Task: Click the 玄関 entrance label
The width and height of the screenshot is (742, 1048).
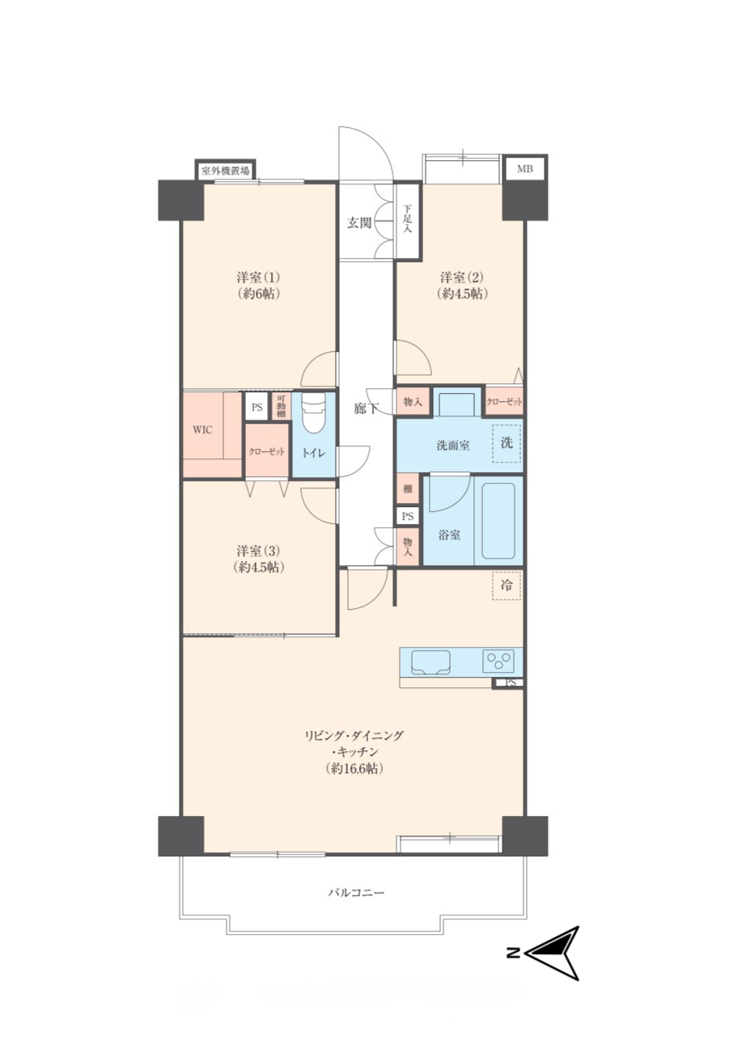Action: coord(358,223)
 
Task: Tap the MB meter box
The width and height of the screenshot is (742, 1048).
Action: coord(524,169)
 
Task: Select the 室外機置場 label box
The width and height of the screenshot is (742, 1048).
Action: coord(225,170)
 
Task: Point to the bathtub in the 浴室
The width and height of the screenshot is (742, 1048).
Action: coord(498,522)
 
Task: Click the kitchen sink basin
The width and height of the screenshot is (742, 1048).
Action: coord(430,662)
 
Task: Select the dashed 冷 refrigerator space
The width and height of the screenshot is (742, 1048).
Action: coord(507,585)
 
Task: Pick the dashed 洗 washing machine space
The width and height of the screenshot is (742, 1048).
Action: coord(507,443)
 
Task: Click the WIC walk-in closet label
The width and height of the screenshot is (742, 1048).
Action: coord(203,429)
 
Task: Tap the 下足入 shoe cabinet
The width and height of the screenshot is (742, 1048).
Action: coord(408,221)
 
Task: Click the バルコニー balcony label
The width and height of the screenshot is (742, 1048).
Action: coord(356,893)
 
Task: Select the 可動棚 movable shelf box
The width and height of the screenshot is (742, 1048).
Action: coord(281,406)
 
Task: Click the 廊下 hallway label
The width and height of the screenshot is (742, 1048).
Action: coord(366,409)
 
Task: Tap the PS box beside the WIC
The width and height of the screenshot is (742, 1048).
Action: coord(257,407)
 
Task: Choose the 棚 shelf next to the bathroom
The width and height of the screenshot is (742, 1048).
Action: coord(407,489)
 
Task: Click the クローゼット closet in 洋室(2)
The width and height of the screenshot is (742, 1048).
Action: coord(504,401)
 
